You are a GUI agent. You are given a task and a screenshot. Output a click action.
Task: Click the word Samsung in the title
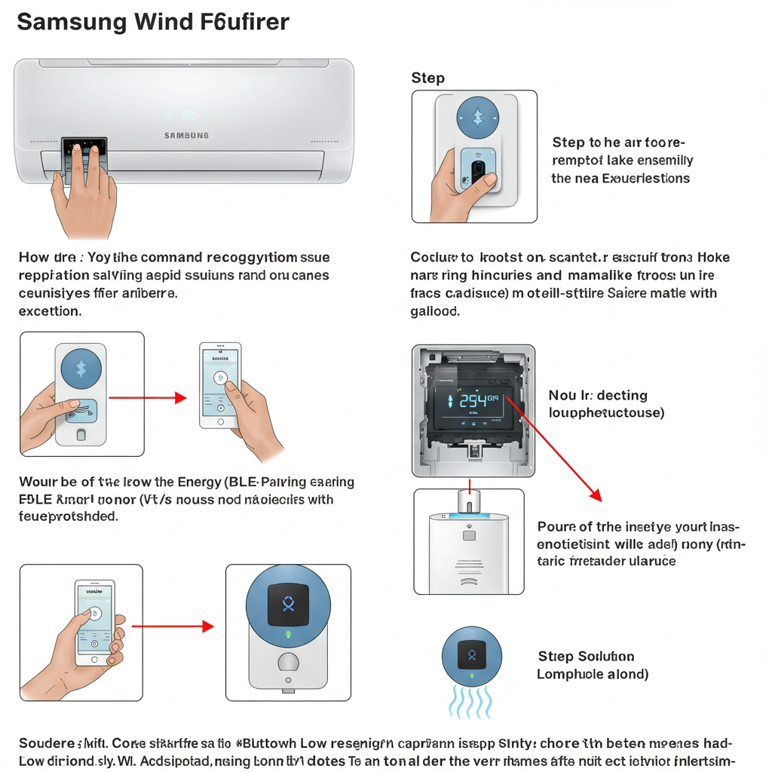[x=72, y=22]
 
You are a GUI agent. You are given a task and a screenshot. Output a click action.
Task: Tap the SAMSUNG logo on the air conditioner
[x=186, y=136]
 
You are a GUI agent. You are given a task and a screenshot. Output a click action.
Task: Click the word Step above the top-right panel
[x=427, y=78]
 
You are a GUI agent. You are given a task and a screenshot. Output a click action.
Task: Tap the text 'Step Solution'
[x=586, y=657]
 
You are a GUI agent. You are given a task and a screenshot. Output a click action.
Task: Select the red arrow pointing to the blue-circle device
[x=173, y=626]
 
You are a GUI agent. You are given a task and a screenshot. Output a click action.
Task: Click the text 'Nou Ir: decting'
[x=597, y=396]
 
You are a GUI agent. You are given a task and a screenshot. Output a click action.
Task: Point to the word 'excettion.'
[x=50, y=310]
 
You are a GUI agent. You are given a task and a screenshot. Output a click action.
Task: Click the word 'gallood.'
[x=435, y=310]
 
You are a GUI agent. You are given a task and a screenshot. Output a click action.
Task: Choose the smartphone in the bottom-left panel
[x=94, y=622]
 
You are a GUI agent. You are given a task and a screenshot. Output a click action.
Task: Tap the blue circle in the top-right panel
[x=477, y=117]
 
